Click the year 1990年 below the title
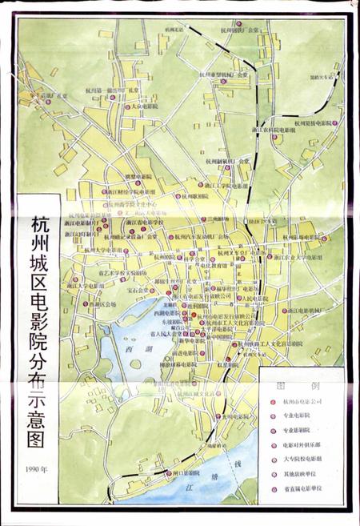click(x=36, y=468)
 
